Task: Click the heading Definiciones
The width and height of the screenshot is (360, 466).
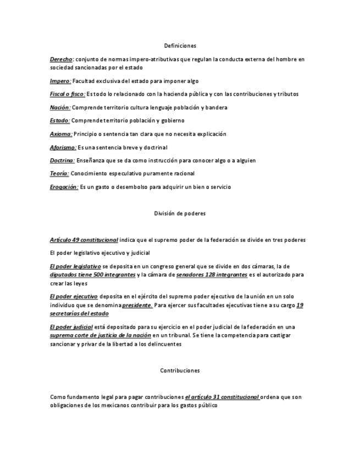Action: [x=180, y=46]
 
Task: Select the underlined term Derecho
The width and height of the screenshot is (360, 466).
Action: [x=60, y=59]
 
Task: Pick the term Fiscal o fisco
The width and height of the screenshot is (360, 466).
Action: [x=67, y=95]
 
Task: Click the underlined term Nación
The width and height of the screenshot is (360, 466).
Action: [x=60, y=108]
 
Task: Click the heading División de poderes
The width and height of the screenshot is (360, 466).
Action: [x=180, y=213]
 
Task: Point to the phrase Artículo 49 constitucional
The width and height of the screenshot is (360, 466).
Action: [x=84, y=240]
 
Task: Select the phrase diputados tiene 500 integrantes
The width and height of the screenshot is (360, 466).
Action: [x=92, y=274]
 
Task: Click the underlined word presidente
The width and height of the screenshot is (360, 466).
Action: [x=137, y=304]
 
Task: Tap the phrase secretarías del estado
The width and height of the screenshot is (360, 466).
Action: [x=79, y=313]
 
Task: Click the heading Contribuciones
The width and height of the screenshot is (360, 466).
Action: [x=180, y=371]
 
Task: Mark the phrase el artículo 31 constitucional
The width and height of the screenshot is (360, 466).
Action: [x=223, y=397]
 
